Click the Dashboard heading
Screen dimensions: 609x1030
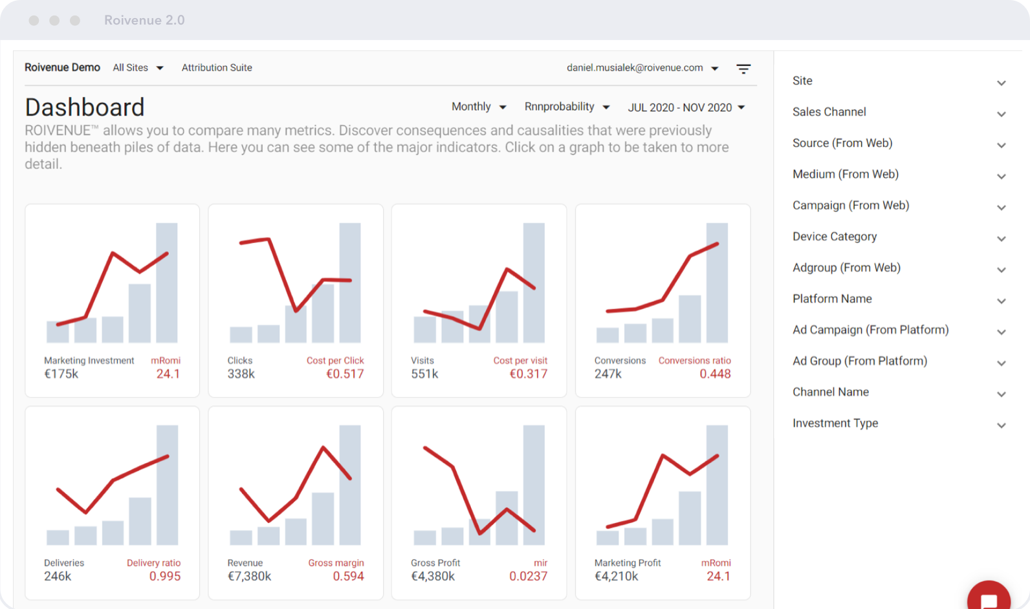tap(85, 107)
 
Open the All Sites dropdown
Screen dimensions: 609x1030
tap(138, 68)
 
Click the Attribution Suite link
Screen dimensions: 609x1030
tap(217, 68)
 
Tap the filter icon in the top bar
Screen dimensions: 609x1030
tap(743, 69)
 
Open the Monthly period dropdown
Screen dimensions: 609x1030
tap(478, 107)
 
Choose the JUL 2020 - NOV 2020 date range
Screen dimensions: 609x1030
tap(686, 107)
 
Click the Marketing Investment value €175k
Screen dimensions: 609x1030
tap(61, 374)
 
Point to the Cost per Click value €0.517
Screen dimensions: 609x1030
tap(345, 374)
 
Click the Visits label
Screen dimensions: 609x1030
tap(422, 360)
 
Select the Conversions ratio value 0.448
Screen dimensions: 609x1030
tap(715, 374)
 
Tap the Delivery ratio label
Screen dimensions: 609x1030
tap(153, 562)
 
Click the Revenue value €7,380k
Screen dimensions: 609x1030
tap(249, 576)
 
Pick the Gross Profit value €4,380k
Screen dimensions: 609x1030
tap(433, 576)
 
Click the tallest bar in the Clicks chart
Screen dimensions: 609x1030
tap(350, 283)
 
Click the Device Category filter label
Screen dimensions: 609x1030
tap(835, 237)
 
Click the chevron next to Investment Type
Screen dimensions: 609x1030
tap(1001, 425)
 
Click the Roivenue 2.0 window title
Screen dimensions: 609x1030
tap(144, 20)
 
